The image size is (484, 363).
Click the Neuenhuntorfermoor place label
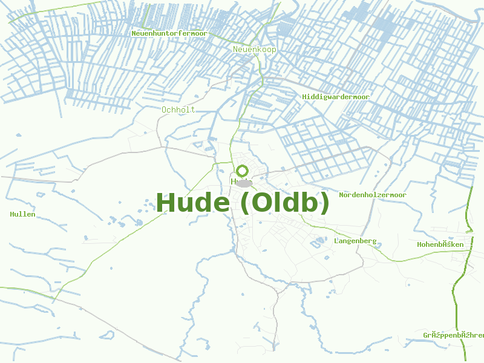point(169,34)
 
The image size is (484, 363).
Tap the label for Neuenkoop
point(254,49)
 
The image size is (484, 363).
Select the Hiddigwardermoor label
point(336,97)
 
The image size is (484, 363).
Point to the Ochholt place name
point(178,110)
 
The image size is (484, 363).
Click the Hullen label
point(23,214)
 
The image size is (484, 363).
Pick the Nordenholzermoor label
point(373,195)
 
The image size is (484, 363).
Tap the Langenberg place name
point(355,241)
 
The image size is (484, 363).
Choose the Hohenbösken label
point(440,244)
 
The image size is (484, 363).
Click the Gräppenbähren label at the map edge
point(454,335)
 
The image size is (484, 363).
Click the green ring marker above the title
point(243,171)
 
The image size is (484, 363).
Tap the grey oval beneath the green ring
point(244,183)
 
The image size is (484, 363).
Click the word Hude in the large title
point(193,203)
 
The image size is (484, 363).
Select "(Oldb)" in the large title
point(284,203)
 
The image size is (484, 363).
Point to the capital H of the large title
point(166,203)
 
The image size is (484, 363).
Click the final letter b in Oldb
point(309,203)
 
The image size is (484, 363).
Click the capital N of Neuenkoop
point(236,49)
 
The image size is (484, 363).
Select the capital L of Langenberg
point(336,241)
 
